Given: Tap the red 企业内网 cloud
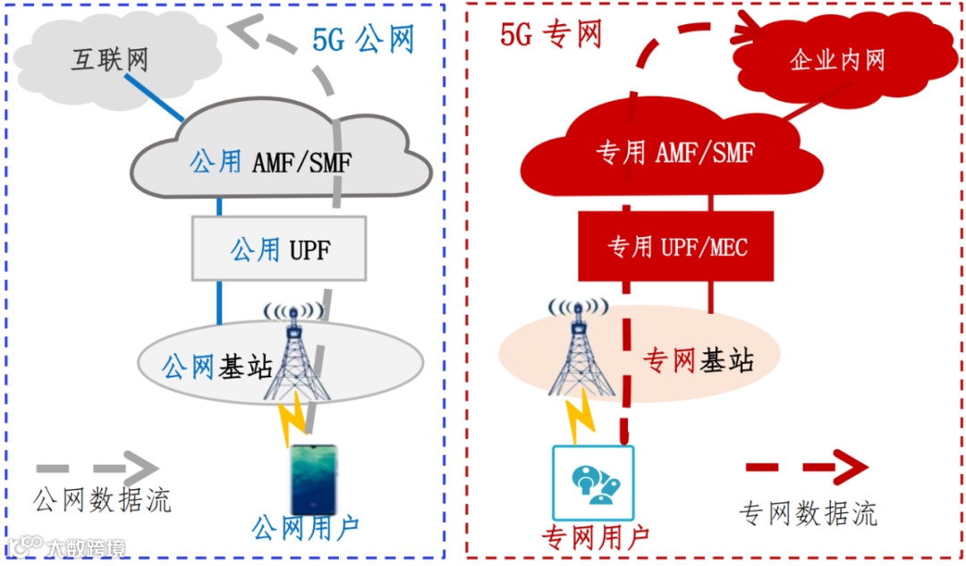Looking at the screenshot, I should (837, 60).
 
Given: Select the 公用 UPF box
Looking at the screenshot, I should (280, 248).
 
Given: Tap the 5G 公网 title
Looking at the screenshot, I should (363, 39).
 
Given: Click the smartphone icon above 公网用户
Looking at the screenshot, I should (313, 478).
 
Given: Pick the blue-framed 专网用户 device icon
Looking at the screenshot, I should (593, 483).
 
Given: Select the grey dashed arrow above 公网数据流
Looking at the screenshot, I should (97, 468).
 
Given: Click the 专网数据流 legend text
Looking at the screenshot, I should (808, 513).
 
